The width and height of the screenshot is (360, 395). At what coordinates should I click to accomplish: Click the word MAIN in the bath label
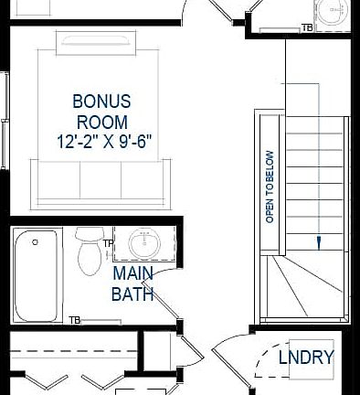click(x=133, y=274)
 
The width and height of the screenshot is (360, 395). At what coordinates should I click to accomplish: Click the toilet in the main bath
click(x=89, y=251)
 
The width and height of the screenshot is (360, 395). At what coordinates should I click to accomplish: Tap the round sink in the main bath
click(x=143, y=244)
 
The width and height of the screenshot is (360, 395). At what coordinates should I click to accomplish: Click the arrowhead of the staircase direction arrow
click(x=319, y=242)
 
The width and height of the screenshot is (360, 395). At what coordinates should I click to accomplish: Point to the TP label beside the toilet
click(x=108, y=244)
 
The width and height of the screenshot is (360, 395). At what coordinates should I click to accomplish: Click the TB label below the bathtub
click(x=75, y=320)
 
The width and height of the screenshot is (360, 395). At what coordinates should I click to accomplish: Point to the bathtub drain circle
click(x=35, y=244)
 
